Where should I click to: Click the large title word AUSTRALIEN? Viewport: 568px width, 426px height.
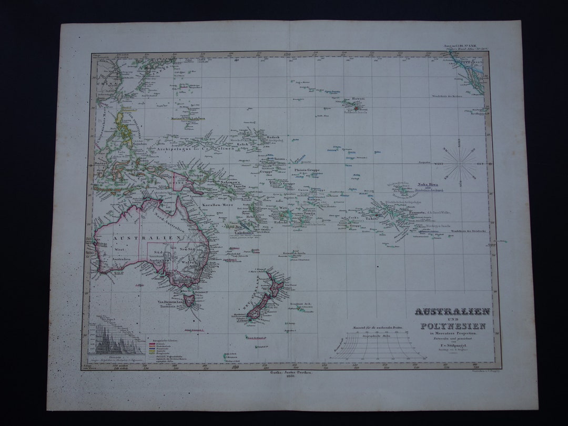(452, 311)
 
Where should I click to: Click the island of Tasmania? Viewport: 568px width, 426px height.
(190, 301)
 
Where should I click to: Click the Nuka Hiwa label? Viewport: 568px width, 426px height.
(428, 184)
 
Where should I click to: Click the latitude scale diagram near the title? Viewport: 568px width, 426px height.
(378, 347)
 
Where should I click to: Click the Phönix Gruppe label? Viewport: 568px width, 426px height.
(307, 170)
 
